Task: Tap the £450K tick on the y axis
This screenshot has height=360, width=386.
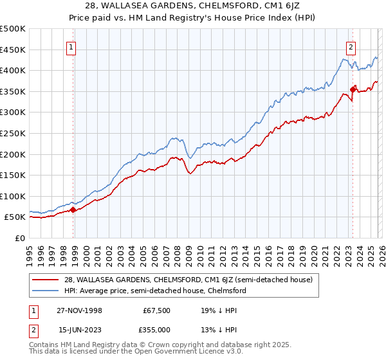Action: (x=12, y=50)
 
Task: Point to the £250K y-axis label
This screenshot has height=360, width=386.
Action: (x=12, y=133)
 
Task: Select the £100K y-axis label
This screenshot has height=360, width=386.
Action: (x=12, y=196)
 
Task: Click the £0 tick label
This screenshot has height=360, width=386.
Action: (x=19, y=238)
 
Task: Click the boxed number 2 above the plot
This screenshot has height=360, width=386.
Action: (x=351, y=46)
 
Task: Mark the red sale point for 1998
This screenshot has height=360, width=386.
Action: (x=73, y=210)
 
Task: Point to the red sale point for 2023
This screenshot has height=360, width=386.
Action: (x=353, y=89)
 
